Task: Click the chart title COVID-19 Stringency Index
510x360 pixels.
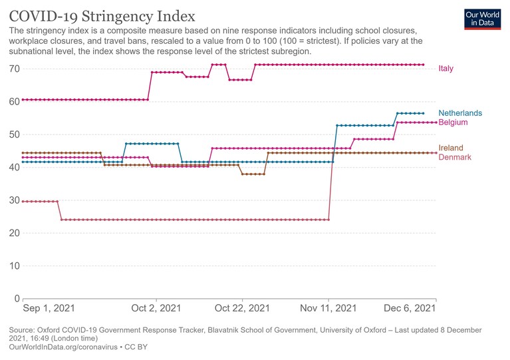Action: [102, 16]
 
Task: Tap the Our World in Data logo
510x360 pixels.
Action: [482, 19]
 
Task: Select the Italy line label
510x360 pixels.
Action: [446, 69]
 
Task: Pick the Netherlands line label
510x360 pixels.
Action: [460, 113]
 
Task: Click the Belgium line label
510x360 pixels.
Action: [453, 122]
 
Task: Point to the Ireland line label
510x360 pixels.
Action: [451, 148]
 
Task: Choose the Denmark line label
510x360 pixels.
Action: [455, 157]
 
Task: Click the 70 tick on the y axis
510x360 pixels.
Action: [15, 69]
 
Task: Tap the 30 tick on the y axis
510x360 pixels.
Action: [15, 200]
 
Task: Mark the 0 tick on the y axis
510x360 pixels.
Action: [17, 299]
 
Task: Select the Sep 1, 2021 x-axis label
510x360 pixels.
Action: [49, 308]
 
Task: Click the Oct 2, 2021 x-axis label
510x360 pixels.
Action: [156, 308]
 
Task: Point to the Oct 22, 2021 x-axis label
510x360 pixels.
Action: [242, 308]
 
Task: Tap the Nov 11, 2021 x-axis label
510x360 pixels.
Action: [328, 308]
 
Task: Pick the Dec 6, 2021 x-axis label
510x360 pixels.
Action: [410, 308]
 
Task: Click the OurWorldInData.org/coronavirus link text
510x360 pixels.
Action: [63, 347]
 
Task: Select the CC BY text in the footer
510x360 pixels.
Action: [136, 347]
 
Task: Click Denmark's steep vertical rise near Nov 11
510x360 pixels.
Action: [330, 186]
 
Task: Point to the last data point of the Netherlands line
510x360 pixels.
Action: [423, 113]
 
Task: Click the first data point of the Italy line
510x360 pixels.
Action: [23, 100]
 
